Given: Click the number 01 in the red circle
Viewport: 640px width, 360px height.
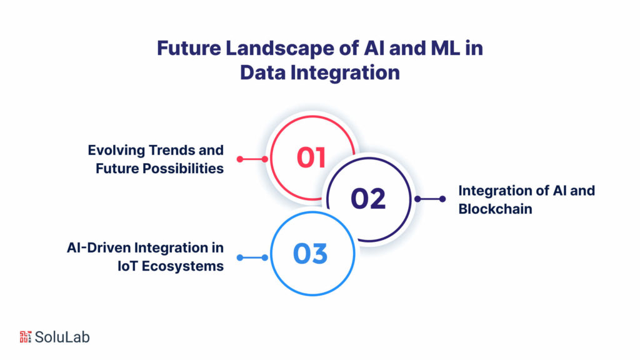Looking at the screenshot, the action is tap(311, 157).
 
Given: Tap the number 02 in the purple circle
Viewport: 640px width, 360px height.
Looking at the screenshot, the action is tap(367, 198).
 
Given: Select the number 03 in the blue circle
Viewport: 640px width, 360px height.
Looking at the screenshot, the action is tap(311, 254).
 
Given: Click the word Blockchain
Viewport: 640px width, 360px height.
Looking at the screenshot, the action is tap(495, 209).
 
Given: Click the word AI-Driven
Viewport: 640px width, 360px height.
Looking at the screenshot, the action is tap(100, 248).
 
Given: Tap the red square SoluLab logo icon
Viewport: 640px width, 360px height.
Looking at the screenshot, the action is tap(26, 336).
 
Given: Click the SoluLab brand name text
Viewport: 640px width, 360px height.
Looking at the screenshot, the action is tap(62, 337).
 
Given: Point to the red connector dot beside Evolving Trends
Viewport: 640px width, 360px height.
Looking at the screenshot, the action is tap(264, 159).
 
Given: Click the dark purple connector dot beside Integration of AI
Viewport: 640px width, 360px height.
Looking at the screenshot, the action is tap(442, 199).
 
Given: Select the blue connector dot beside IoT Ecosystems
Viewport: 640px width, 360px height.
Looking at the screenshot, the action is tap(264, 257).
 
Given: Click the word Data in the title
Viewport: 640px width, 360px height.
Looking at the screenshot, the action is tap(263, 72).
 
